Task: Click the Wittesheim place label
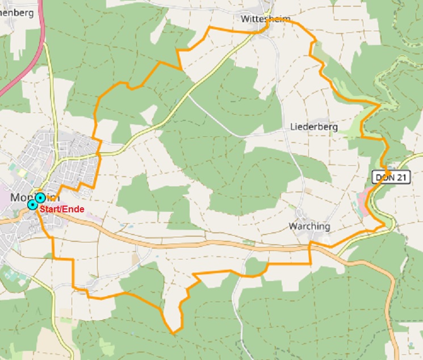265,19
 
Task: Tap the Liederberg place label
314,127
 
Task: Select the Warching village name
309,226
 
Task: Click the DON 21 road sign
391,178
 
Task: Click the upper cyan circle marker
40,198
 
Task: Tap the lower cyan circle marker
33,204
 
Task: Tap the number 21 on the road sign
401,178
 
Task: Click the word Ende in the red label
74,210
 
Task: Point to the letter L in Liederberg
293,127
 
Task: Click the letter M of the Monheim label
15,198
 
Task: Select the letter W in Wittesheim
245,19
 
